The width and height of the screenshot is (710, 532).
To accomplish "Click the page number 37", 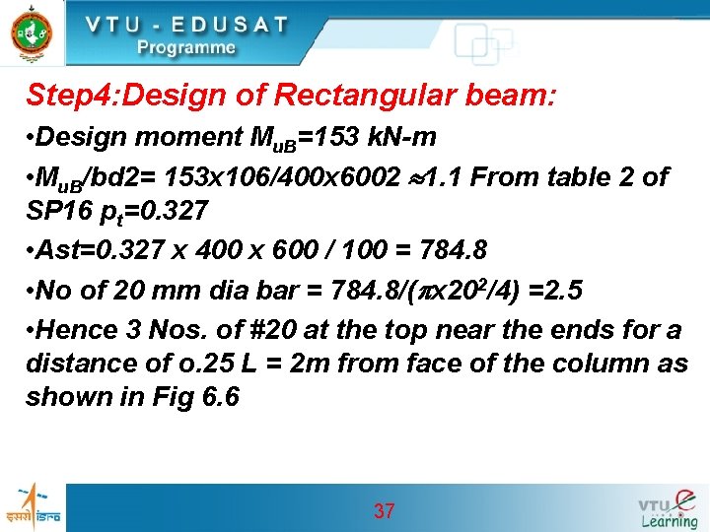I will click(385, 510).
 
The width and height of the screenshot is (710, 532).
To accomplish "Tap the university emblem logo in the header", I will click(32, 33).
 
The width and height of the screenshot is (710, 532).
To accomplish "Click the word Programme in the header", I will click(186, 47).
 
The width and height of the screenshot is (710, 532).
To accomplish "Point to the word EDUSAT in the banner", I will click(226, 24).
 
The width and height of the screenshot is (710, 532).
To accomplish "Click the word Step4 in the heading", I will click(67, 96).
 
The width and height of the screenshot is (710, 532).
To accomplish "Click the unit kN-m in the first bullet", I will click(392, 136).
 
